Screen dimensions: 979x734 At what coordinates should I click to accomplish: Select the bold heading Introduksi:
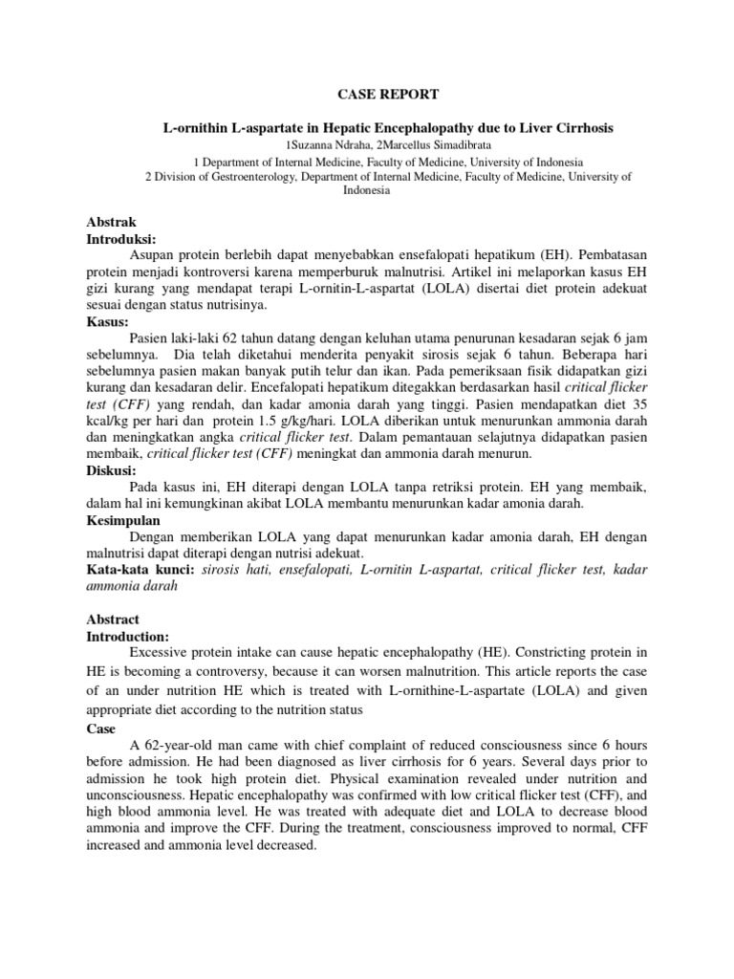tap(121, 238)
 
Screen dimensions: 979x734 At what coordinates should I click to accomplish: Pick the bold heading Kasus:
tap(107, 323)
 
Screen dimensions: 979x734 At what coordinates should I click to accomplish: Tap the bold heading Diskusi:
tap(112, 469)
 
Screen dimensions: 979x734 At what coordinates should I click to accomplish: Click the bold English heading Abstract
tap(114, 620)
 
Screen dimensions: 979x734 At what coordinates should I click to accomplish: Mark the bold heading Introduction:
tap(128, 637)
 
